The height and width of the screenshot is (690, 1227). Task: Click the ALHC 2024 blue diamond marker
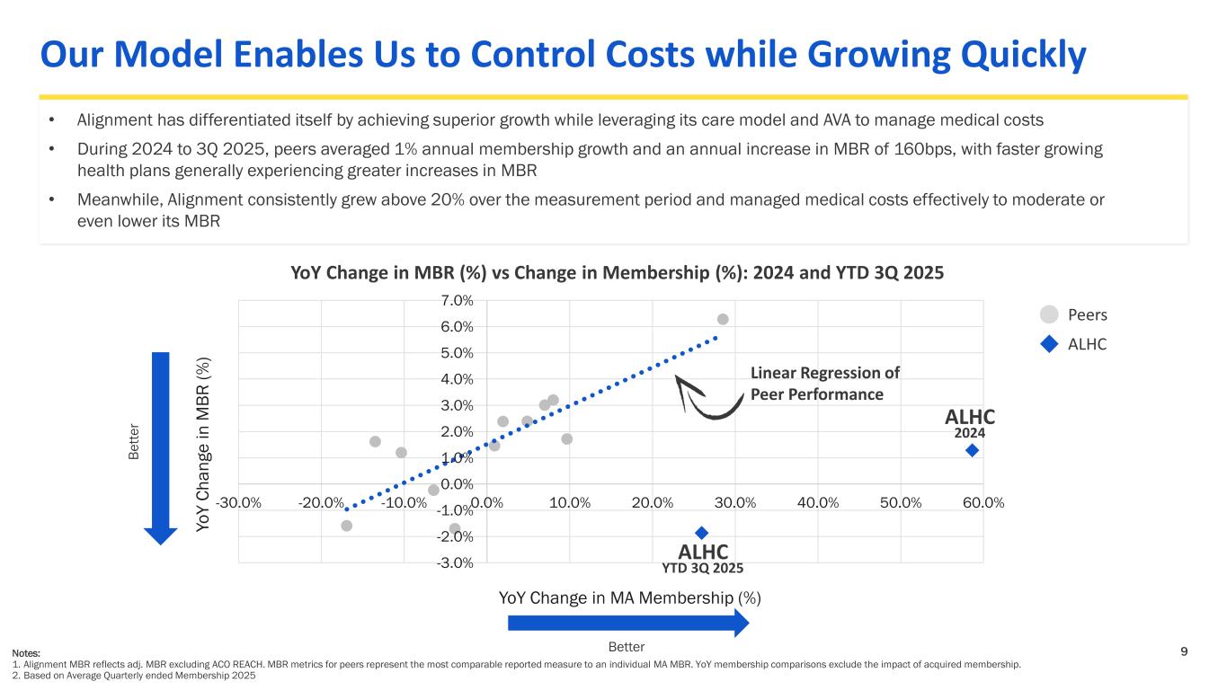972,450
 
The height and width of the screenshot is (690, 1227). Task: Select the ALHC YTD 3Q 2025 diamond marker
702,533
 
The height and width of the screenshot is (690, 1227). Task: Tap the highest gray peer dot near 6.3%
723,319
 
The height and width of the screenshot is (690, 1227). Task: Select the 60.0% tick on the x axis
982,501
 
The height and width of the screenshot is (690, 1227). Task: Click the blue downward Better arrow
162,447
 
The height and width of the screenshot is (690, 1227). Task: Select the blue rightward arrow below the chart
627,623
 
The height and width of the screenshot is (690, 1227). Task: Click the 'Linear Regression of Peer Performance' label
824,384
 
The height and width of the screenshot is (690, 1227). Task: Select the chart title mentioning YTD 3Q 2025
618,272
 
